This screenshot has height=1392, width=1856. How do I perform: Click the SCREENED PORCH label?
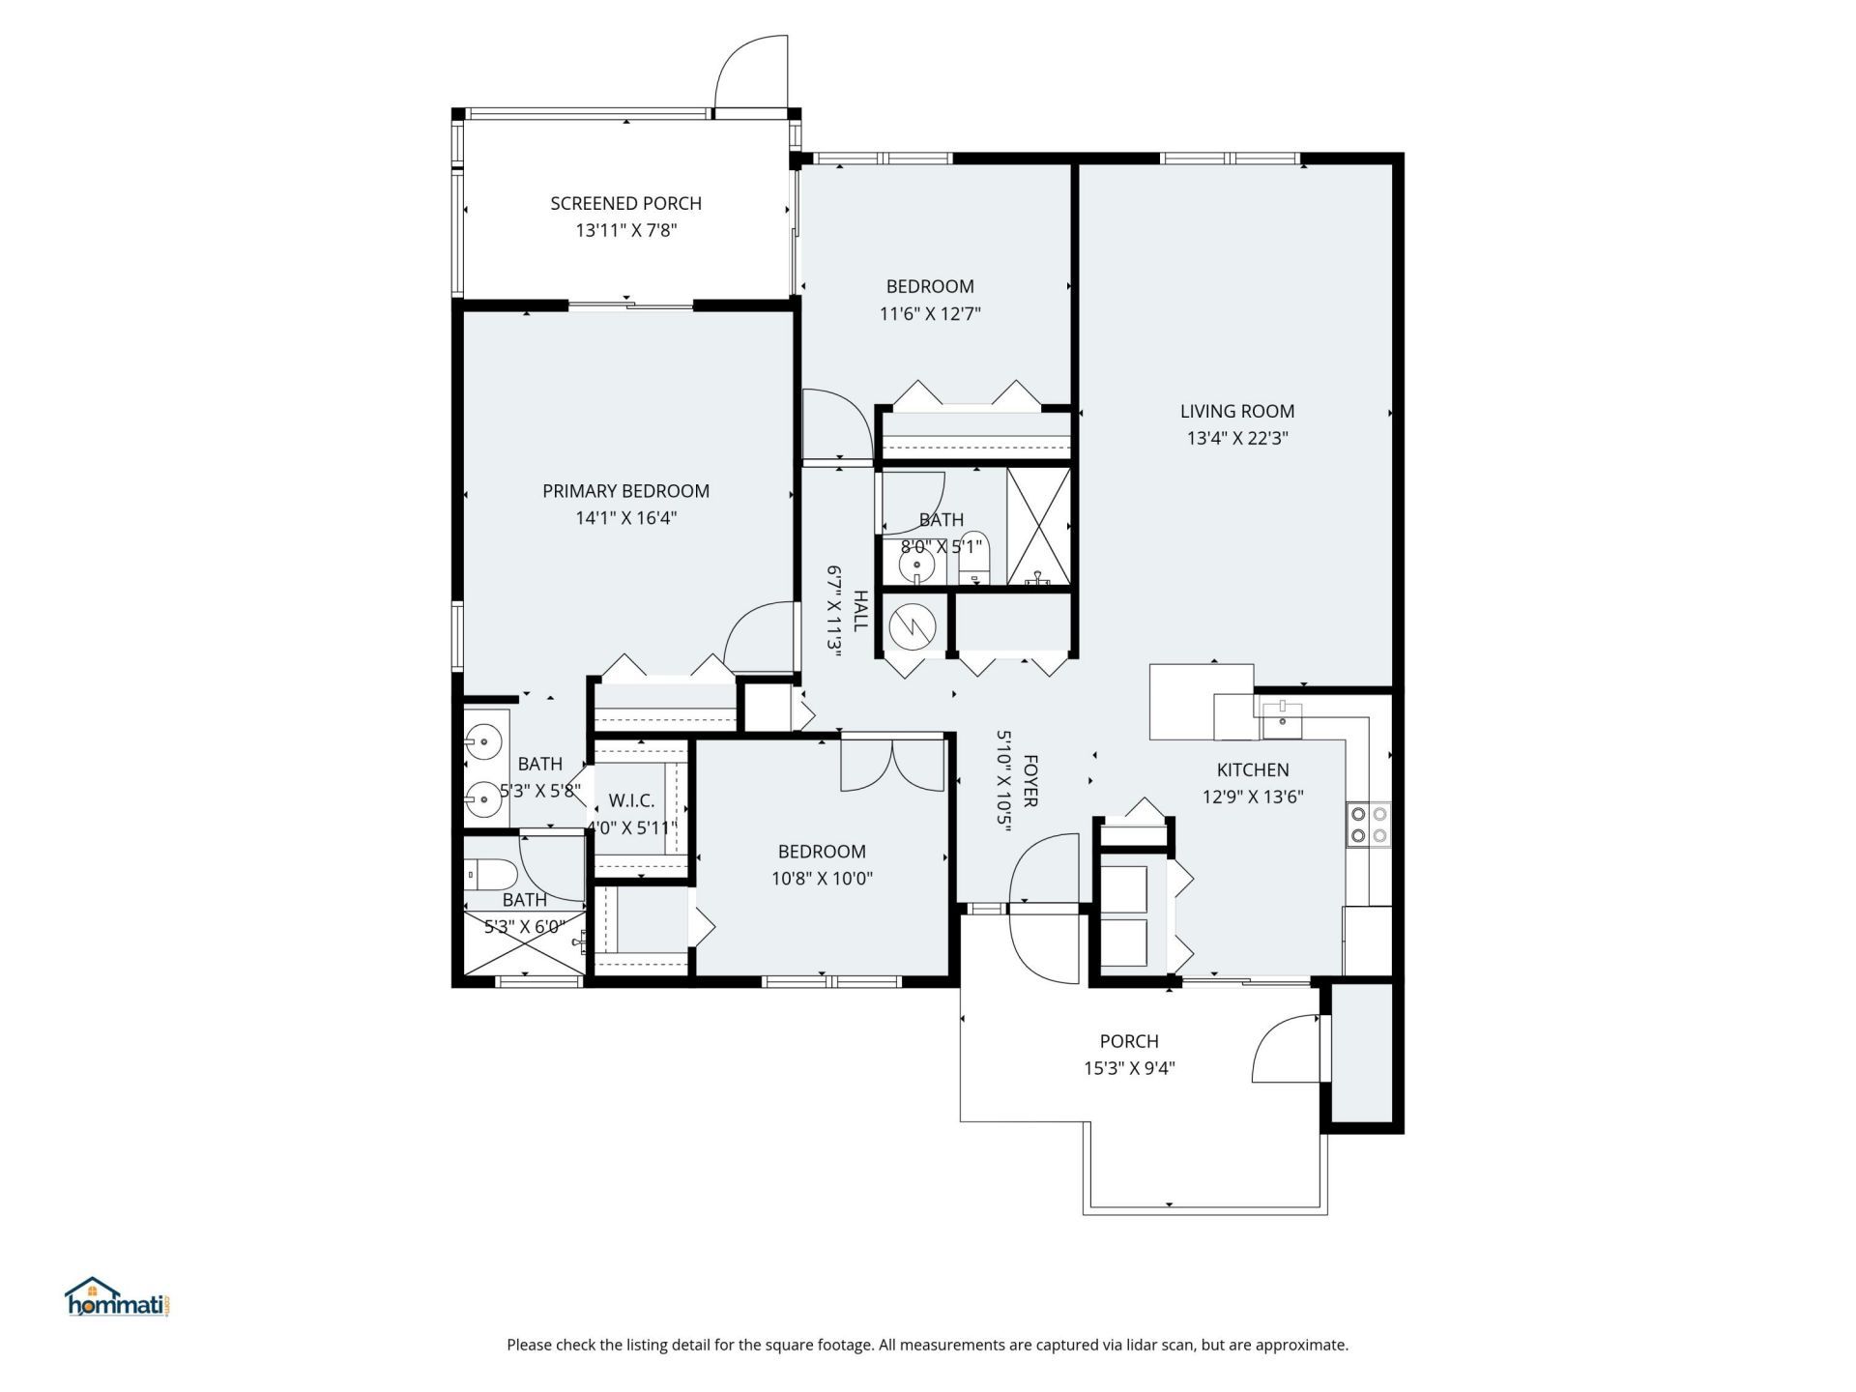tap(625, 203)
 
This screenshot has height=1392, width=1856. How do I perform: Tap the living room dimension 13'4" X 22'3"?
tap(1237, 438)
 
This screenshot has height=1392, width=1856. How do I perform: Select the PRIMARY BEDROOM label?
tap(625, 491)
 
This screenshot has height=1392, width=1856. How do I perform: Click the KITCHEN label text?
tap(1252, 769)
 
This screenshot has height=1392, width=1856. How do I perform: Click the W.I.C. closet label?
tap(631, 801)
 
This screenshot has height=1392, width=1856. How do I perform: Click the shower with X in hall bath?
tap(1038, 527)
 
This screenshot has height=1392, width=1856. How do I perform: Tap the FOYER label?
tap(1029, 781)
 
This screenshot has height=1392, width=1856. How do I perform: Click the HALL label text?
tap(860, 611)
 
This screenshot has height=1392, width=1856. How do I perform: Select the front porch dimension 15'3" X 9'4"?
tap(1128, 1068)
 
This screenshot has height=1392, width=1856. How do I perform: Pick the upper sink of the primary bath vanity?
tap(482, 742)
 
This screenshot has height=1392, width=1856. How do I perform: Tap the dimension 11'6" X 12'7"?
tap(930, 313)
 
